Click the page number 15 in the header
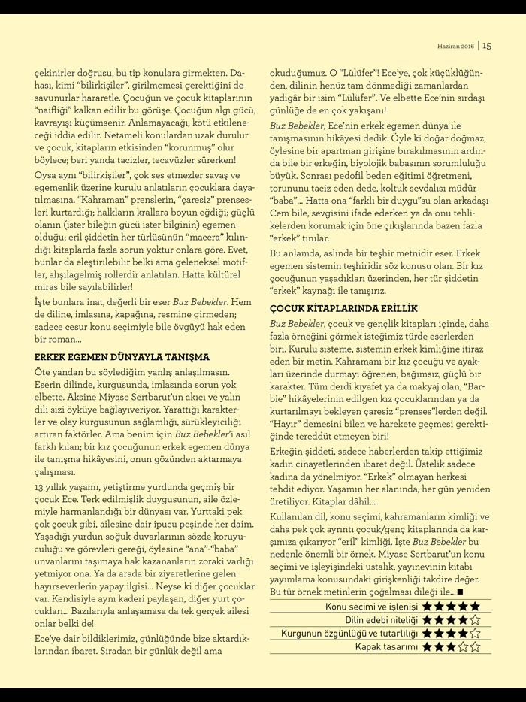[x=487, y=46]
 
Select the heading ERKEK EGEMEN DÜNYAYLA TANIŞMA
[x=122, y=356]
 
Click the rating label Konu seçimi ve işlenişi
[x=372, y=606]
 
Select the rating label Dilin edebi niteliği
[x=382, y=619]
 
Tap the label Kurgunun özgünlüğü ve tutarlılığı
[x=350, y=633]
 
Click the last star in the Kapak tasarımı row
[x=475, y=646]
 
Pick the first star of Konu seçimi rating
[x=428, y=606]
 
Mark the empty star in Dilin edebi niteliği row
[x=475, y=619]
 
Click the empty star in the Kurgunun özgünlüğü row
[x=475, y=633]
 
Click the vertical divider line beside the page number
[x=478, y=46]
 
